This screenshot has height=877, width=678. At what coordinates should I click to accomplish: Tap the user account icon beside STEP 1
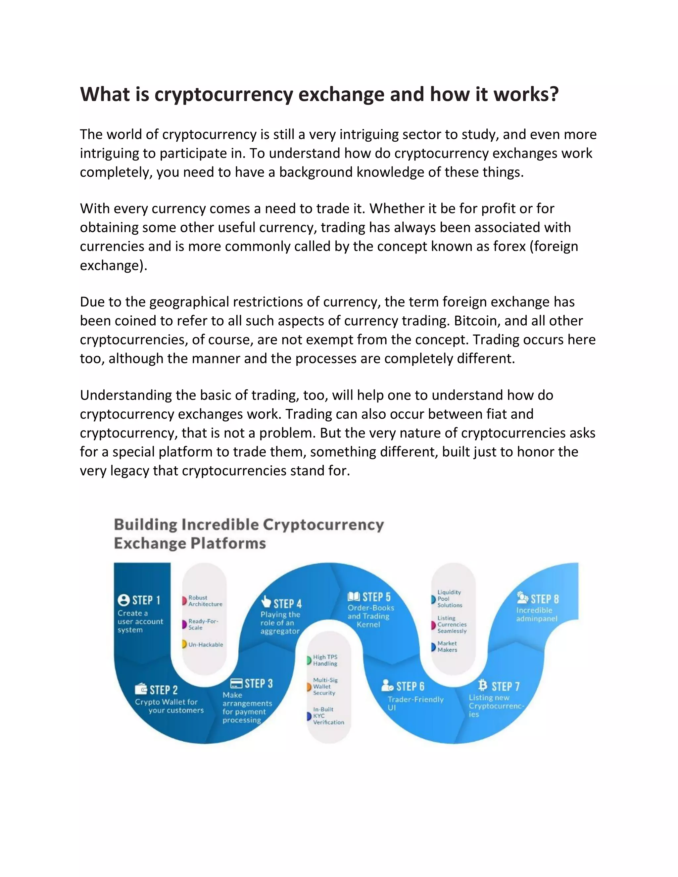[124, 600]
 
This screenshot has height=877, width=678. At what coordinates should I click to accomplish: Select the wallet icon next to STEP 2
[141, 689]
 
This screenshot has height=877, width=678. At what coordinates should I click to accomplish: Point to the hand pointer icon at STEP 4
[266, 602]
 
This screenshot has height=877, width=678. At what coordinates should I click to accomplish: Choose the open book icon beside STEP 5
[354, 597]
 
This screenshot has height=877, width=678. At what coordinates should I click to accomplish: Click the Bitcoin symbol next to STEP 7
[482, 685]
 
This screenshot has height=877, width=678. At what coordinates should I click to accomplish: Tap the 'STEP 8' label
[545, 599]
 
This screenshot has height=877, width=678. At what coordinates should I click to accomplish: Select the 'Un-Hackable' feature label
[206, 644]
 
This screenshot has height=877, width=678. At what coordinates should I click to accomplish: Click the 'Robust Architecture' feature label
[205, 601]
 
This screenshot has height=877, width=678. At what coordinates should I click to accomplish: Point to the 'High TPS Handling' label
[325, 660]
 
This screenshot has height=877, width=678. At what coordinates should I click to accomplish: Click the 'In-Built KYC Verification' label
[328, 715]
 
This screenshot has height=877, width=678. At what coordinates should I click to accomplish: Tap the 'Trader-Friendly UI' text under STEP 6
[415, 703]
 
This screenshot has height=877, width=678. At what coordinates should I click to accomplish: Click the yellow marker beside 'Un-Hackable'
[184, 644]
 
